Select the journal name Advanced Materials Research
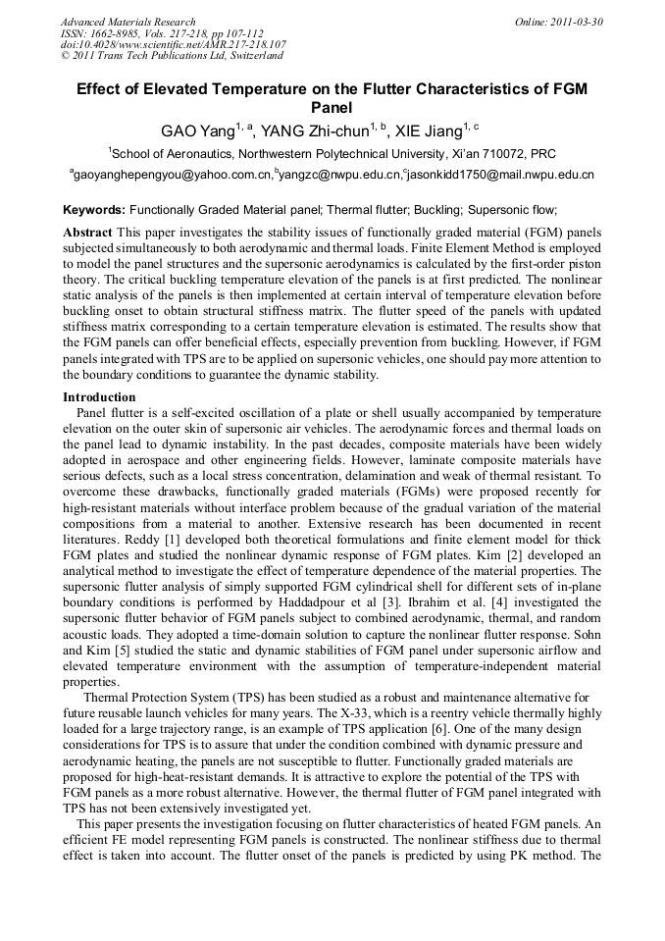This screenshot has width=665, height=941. pyautogui.click(x=128, y=22)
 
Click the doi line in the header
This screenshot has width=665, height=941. pyautogui.click(x=173, y=45)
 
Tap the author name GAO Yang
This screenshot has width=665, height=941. pyautogui.click(x=199, y=130)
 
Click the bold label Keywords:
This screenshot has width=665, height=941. pyautogui.click(x=94, y=210)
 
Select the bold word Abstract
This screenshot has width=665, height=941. pyautogui.click(x=87, y=233)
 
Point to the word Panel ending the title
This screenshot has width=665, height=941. pyautogui.click(x=332, y=107)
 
